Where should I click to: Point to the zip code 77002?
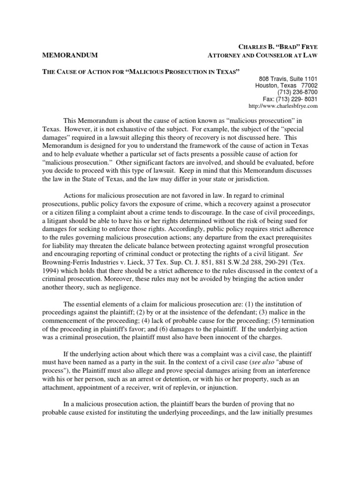point(308,86)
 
